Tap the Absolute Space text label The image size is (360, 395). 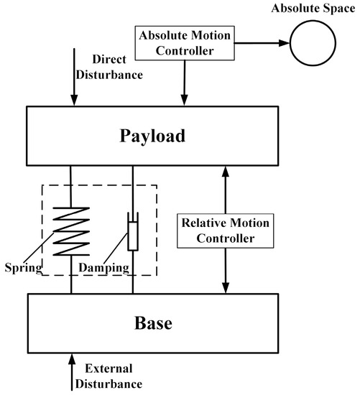click(x=313, y=9)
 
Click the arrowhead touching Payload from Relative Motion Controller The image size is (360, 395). click(x=226, y=172)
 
